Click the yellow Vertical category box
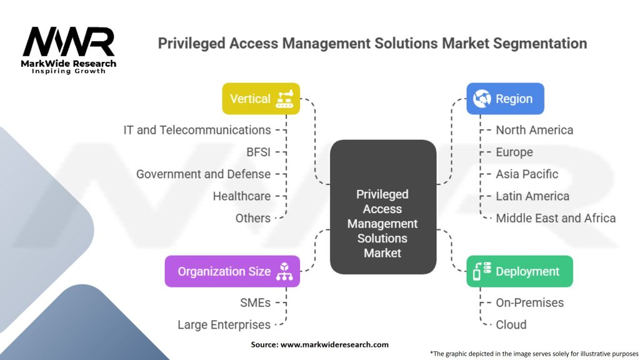261,99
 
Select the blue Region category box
505,99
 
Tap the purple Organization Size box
232,271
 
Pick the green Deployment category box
519,271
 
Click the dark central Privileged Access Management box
383,207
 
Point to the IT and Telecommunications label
197,130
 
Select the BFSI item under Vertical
258,152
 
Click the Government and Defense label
203,174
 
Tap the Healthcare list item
242,196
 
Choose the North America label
535,130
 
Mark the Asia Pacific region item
527,174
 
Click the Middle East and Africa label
556,218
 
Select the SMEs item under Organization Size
255,303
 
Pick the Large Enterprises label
224,325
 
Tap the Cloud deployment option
511,325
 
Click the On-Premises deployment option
530,303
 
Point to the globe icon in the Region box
482,99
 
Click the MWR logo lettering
69,42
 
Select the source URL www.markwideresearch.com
334,344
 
